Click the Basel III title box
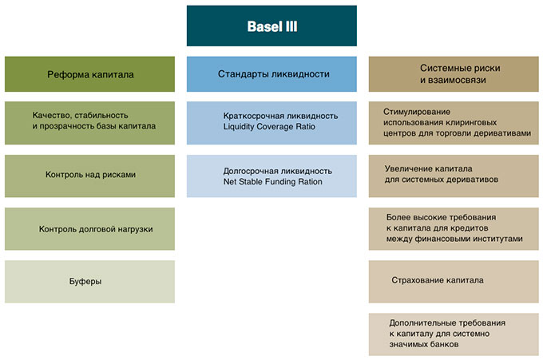click(x=271, y=26)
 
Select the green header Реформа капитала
click(x=89, y=74)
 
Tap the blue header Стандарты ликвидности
click(x=271, y=74)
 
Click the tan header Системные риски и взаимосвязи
click(x=454, y=74)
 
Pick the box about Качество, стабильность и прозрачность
click(x=89, y=123)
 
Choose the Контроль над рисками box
click(x=89, y=176)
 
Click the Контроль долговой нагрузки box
click(x=89, y=229)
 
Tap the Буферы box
click(x=89, y=282)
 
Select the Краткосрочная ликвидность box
click(x=271, y=123)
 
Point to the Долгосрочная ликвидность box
click(x=271, y=176)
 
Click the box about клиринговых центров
click(x=454, y=123)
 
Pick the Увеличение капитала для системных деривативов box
click(x=454, y=176)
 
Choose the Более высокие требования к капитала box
click(x=454, y=229)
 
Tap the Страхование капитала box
click(x=454, y=282)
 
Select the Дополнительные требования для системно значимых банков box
click(x=454, y=334)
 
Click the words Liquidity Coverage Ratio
click(x=269, y=127)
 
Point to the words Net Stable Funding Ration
click(x=272, y=182)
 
